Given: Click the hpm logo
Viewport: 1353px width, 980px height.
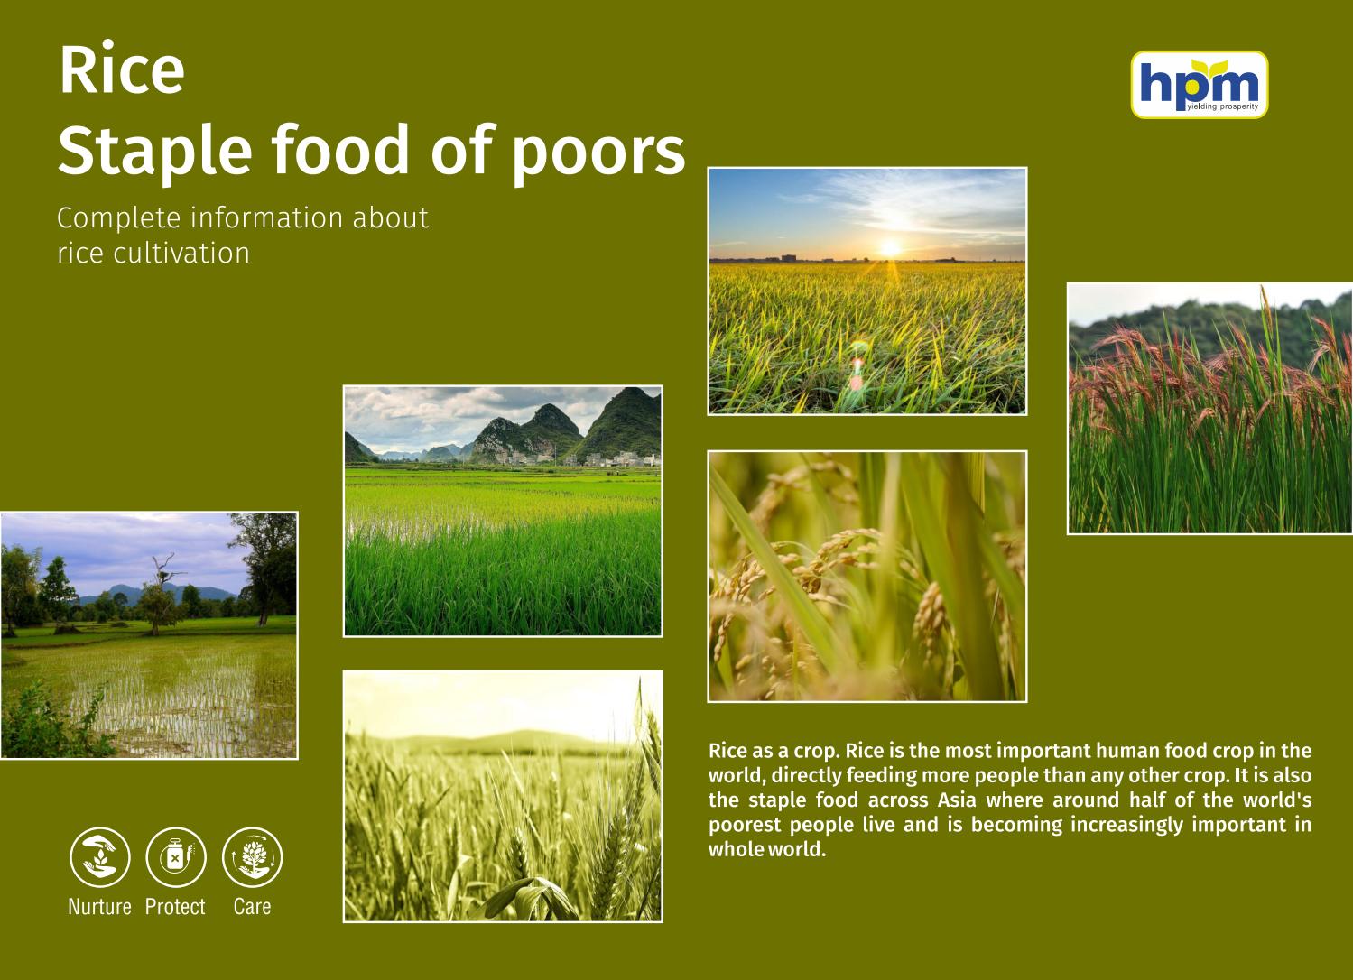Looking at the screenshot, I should pyautogui.click(x=1199, y=83).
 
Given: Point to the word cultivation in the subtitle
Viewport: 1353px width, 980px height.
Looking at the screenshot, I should pyautogui.click(x=181, y=253).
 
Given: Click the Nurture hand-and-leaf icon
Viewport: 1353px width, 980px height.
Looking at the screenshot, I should pyautogui.click(x=100, y=857).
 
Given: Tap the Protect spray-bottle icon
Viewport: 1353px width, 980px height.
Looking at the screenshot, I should pyautogui.click(x=176, y=857).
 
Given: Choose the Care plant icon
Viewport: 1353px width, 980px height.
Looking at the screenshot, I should pyautogui.click(x=252, y=857).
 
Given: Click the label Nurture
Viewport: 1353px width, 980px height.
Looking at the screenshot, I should pyautogui.click(x=99, y=907).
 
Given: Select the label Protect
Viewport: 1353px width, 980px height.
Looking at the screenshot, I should pyautogui.click(x=175, y=907).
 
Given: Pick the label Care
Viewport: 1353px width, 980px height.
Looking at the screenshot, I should pyautogui.click(x=252, y=907).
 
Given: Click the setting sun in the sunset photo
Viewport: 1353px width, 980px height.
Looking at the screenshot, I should pyautogui.click(x=890, y=247).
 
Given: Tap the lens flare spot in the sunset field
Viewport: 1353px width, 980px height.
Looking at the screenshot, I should pyautogui.click(x=857, y=370).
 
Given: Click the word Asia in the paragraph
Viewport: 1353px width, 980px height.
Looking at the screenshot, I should pyautogui.click(x=957, y=800).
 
